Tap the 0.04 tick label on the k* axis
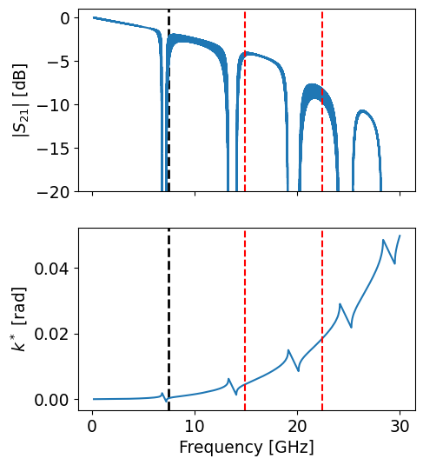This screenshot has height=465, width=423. pyautogui.click(x=52, y=268)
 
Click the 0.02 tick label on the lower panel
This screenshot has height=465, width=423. pyautogui.click(x=52, y=334)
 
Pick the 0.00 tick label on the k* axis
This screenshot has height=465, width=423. pyautogui.click(x=52, y=400)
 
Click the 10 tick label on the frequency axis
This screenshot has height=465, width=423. pyautogui.click(x=195, y=427)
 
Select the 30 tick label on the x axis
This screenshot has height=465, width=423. pyautogui.click(x=400, y=427)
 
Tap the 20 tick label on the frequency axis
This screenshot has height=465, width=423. pyautogui.click(x=297, y=427)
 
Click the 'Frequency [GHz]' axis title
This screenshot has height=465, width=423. pyautogui.click(x=246, y=448)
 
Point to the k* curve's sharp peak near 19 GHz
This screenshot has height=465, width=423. pyautogui.click(x=288, y=350)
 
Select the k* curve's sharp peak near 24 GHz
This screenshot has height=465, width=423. pyautogui.click(x=340, y=304)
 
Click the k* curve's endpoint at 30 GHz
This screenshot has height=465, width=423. pyautogui.click(x=400, y=236)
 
